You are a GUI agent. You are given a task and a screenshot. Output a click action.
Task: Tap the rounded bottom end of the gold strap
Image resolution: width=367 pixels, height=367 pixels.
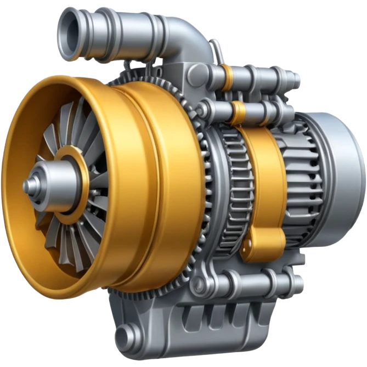266,247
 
